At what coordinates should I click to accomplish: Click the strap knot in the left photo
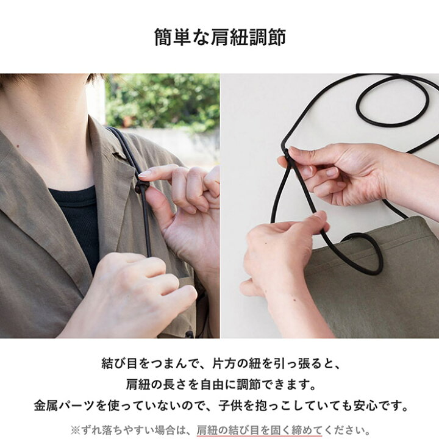[x=141, y=187]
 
